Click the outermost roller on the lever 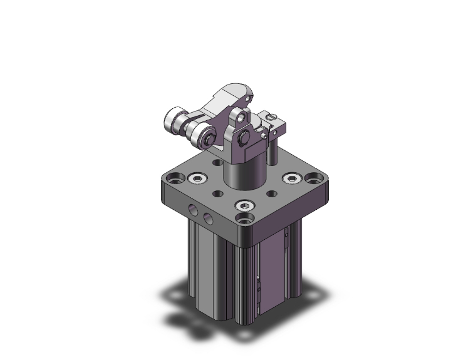pos(173,118)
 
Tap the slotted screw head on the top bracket pos(271,116)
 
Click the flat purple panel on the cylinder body pos(271,269)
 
